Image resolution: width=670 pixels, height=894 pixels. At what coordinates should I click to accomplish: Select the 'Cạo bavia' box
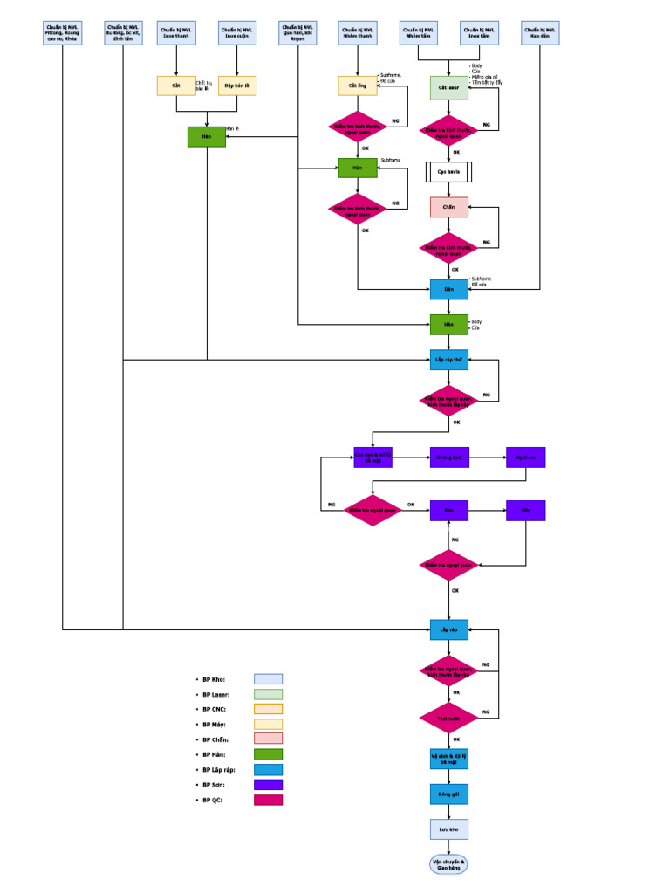449,171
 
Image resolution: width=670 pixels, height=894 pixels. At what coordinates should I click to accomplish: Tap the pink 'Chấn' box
449,208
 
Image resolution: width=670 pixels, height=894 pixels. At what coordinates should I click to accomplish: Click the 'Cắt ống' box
358,86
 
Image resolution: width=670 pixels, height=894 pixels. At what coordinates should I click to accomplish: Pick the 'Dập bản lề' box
236,86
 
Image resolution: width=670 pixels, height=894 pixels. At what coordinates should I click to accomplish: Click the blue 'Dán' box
449,289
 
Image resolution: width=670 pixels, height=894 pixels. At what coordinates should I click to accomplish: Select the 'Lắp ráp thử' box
449,359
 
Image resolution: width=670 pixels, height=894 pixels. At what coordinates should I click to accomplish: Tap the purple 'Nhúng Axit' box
449,457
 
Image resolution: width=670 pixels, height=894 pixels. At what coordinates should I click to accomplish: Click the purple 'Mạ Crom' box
525,457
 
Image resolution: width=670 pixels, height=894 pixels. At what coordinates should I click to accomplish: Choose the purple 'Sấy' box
525,511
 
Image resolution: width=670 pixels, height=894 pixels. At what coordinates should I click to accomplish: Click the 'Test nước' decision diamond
449,718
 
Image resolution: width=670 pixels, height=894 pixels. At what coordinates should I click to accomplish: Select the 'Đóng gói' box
449,794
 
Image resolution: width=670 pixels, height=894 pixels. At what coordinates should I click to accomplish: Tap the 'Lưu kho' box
449,829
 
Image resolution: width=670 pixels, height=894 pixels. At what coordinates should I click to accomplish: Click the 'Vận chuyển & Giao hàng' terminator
449,864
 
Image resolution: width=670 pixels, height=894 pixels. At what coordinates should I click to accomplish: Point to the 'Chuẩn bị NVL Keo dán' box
540,33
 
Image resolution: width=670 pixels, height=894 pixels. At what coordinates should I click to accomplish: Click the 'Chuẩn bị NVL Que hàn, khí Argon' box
297,33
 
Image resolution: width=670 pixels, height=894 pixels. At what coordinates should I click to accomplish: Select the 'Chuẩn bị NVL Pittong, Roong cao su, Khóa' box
62,33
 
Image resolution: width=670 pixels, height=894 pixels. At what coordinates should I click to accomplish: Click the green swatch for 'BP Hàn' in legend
268,754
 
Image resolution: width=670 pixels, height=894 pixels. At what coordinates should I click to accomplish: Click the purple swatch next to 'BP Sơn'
268,785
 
